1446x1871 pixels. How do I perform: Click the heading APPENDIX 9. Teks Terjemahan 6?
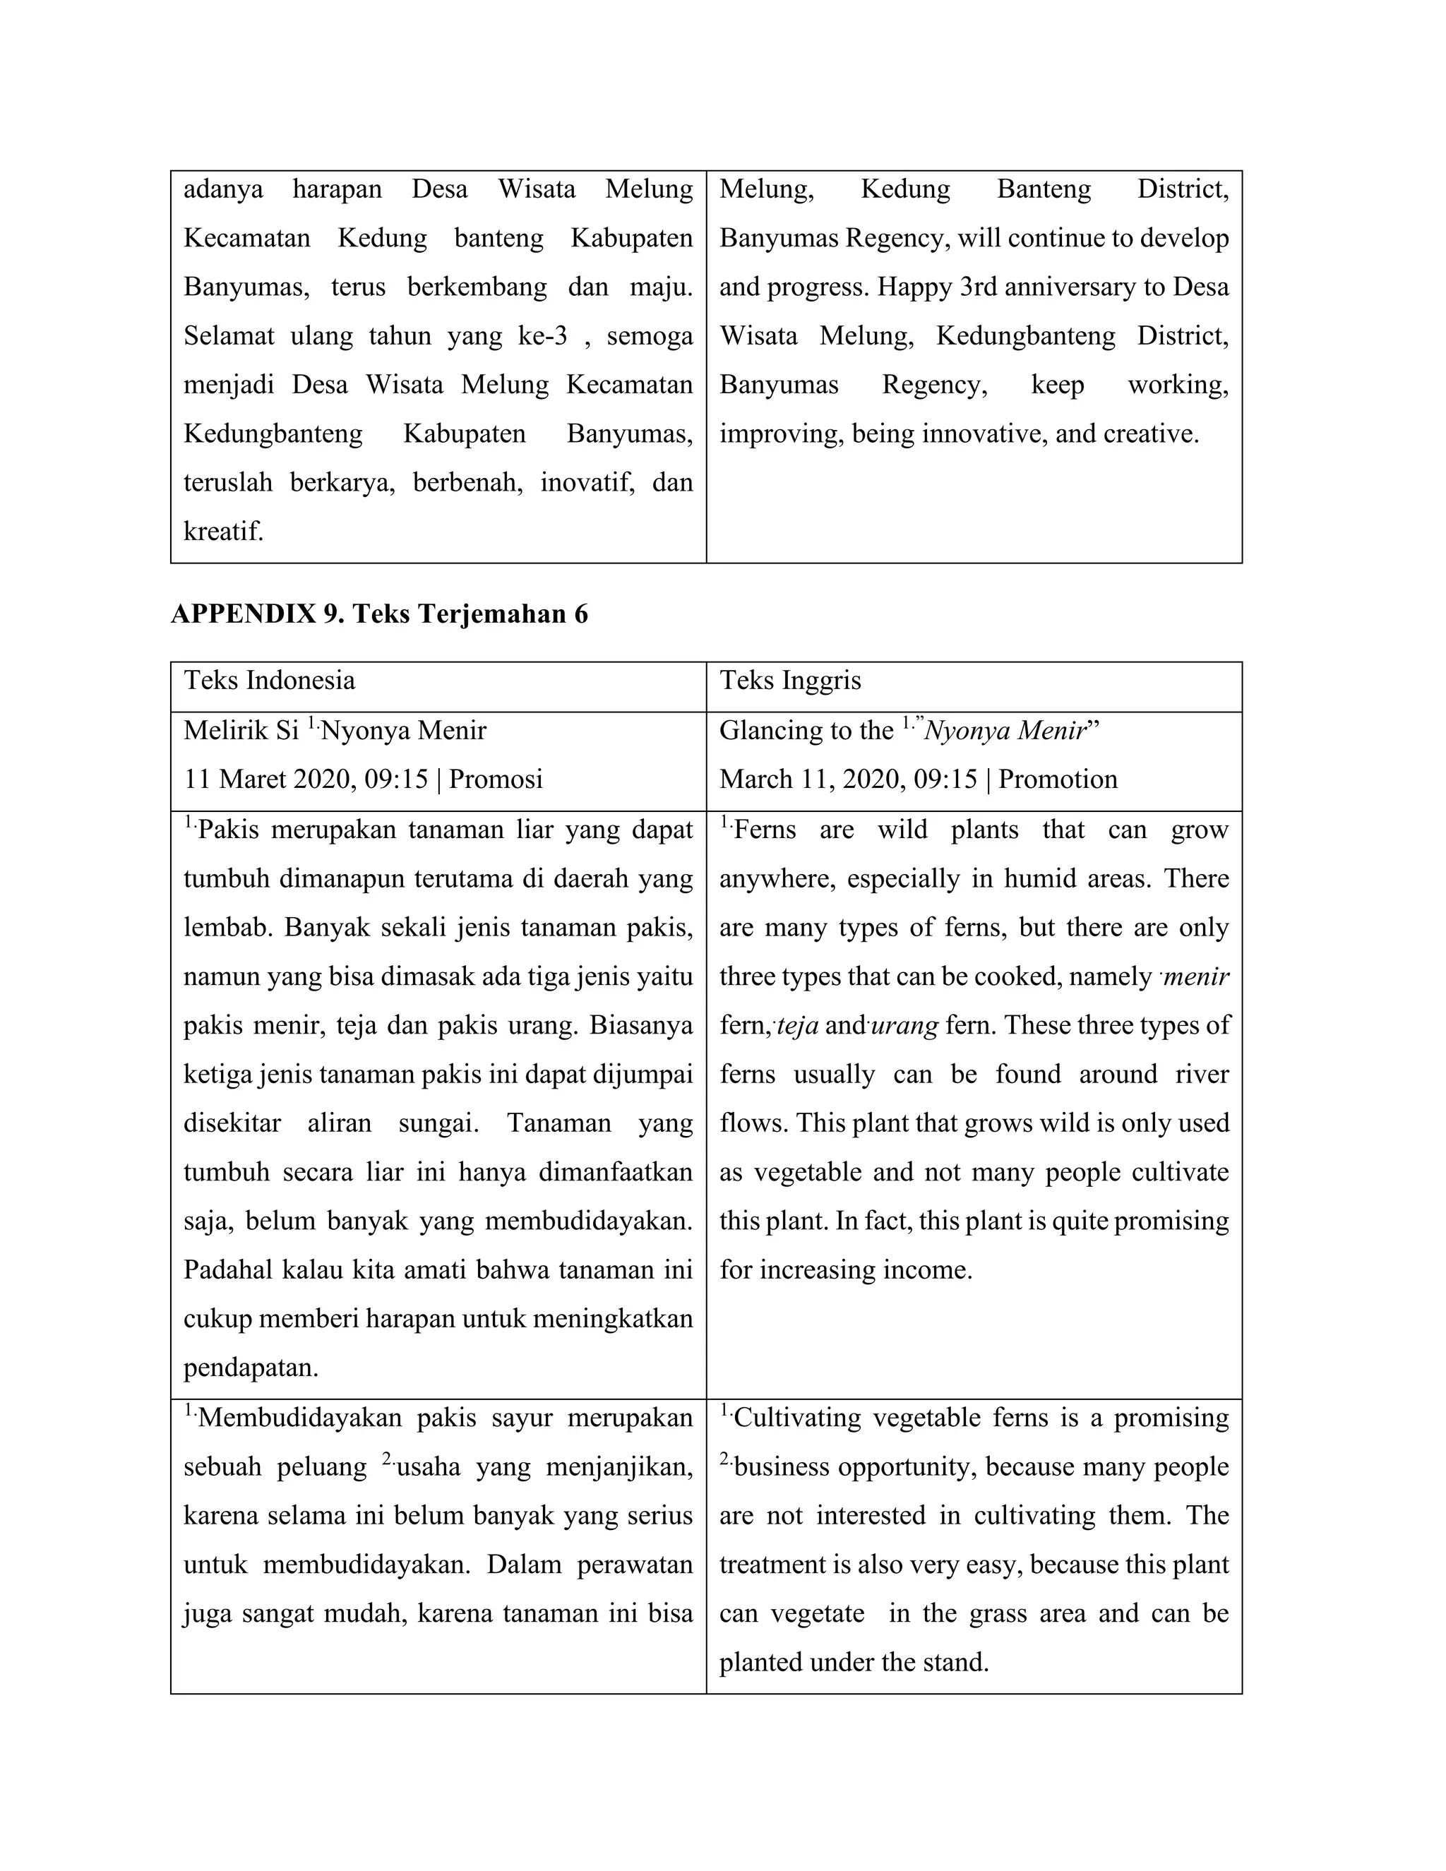(x=379, y=614)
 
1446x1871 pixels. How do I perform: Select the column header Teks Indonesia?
(x=269, y=680)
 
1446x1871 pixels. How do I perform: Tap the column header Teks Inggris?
(x=790, y=680)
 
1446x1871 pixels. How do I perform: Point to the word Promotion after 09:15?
(x=1058, y=779)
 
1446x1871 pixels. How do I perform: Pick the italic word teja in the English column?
(x=798, y=1025)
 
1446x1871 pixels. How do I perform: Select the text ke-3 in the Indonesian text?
(x=542, y=336)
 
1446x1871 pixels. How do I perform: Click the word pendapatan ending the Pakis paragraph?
(x=250, y=1368)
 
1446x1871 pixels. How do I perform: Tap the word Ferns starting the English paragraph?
(x=765, y=830)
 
